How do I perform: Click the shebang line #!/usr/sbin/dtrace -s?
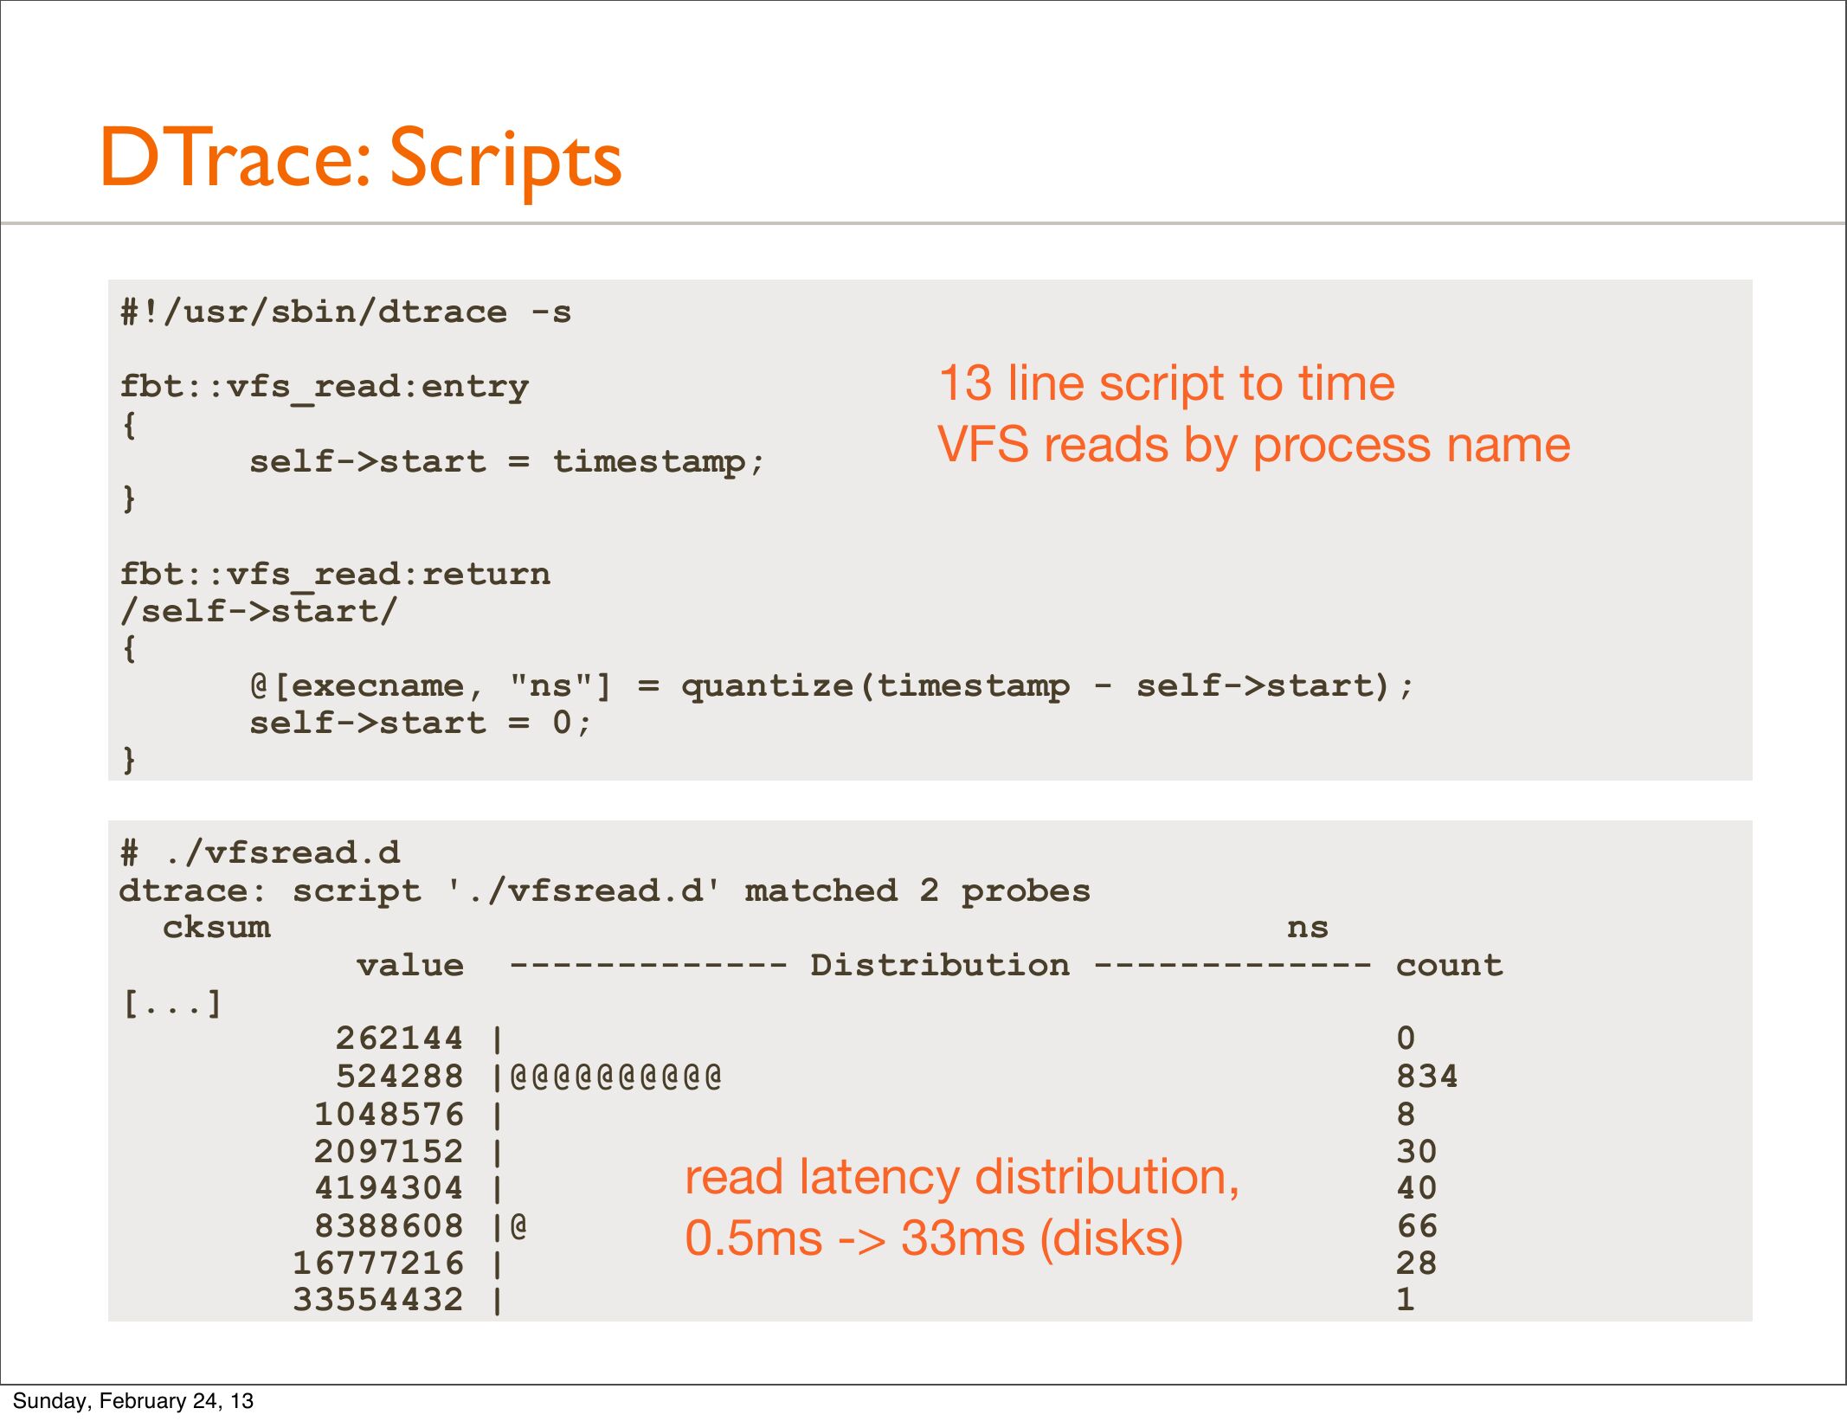tap(346, 312)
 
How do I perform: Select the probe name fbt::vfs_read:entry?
tap(325, 386)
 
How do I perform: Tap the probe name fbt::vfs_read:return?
tap(335, 574)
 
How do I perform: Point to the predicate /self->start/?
tap(259, 611)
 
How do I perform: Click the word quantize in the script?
tap(767, 685)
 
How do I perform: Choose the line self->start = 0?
tap(421, 723)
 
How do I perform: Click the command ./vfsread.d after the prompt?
tap(282, 853)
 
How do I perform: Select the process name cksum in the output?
tap(216, 928)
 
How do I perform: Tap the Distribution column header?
tap(940, 965)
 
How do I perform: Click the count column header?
tap(1450, 965)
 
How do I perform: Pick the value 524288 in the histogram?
tap(399, 1077)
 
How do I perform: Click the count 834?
tap(1427, 1077)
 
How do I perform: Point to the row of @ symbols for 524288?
tap(615, 1077)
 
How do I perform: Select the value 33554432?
tap(378, 1300)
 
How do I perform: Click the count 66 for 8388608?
tap(1417, 1226)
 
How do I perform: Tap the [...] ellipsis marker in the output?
tap(172, 1004)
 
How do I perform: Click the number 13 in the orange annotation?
tap(965, 383)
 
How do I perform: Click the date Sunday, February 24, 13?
tap(132, 1401)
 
